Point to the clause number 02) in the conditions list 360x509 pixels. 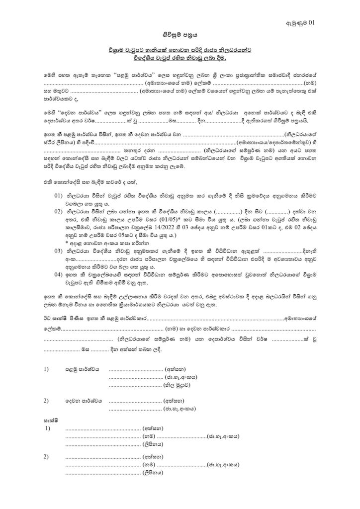click(59, 210)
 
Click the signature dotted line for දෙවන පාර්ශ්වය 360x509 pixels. click(135, 401)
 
